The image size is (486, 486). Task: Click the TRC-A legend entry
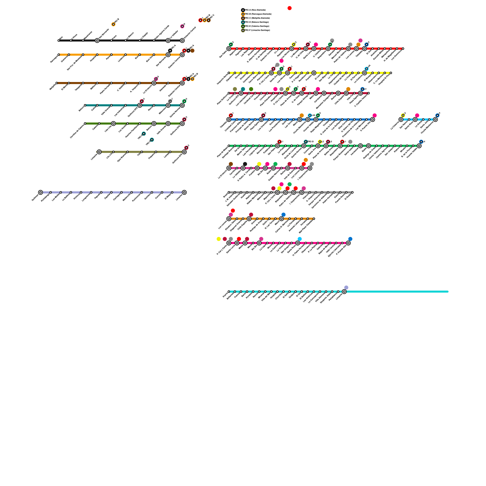(x=243, y=10)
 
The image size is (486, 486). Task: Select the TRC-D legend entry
(x=243, y=22)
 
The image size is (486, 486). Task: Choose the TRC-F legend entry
(x=243, y=30)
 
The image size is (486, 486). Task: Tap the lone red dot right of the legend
(x=289, y=8)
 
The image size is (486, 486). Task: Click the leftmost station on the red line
(x=229, y=49)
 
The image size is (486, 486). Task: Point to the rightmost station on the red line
(x=403, y=49)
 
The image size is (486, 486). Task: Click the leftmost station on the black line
(x=59, y=40)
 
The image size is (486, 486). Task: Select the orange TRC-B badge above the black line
(x=113, y=24)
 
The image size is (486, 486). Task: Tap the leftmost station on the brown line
(x=56, y=83)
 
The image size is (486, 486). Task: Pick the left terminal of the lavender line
(x=40, y=192)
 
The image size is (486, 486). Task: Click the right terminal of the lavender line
(x=184, y=192)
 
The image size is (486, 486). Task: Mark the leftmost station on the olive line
(x=99, y=152)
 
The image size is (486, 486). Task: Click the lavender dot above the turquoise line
(x=346, y=287)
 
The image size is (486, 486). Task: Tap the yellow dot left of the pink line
(x=219, y=239)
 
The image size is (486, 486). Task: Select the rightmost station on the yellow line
(x=391, y=73)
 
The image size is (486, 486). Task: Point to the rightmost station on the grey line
(x=352, y=192)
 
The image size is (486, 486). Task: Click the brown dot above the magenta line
(x=231, y=164)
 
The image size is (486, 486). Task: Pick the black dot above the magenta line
(x=245, y=164)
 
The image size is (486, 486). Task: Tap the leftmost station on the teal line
(x=85, y=105)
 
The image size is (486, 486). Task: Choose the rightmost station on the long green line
(x=419, y=146)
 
